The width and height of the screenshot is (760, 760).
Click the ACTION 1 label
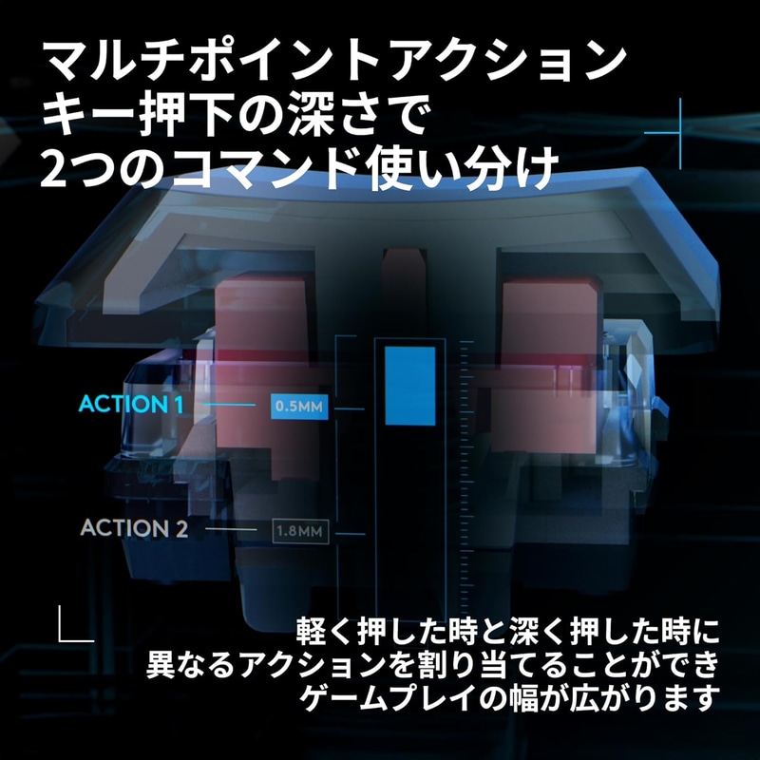click(131, 405)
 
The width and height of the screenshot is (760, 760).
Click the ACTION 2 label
click(134, 528)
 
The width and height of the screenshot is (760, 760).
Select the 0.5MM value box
click(299, 407)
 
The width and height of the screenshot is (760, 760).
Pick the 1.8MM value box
click(300, 531)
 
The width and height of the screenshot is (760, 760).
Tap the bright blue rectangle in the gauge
click(410, 387)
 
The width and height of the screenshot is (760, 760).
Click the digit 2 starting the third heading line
click(53, 170)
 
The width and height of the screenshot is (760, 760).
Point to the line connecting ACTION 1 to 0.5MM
click(229, 405)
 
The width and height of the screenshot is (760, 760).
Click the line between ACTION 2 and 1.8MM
click(231, 528)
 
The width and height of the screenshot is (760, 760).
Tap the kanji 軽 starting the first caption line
click(311, 631)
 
